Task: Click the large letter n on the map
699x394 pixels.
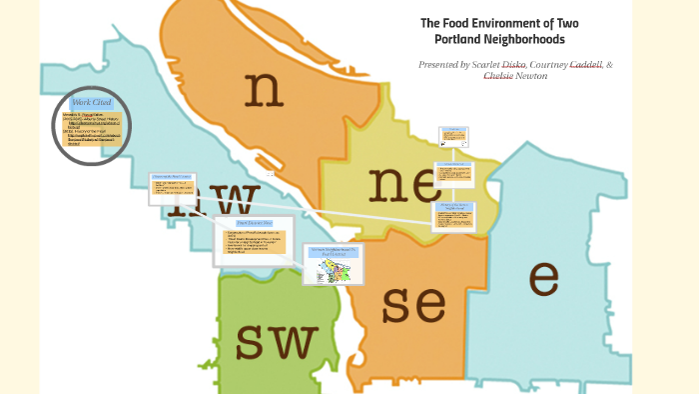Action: click(264, 89)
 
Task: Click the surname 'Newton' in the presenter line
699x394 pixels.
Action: click(531, 76)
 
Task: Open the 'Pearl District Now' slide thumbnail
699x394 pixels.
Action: click(255, 240)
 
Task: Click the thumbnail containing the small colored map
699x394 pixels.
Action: click(334, 265)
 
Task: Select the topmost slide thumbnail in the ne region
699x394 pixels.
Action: click(453, 138)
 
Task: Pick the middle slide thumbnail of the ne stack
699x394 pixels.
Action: click(454, 177)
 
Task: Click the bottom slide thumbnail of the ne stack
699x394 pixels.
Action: click(453, 216)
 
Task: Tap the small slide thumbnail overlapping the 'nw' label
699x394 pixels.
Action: click(171, 188)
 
